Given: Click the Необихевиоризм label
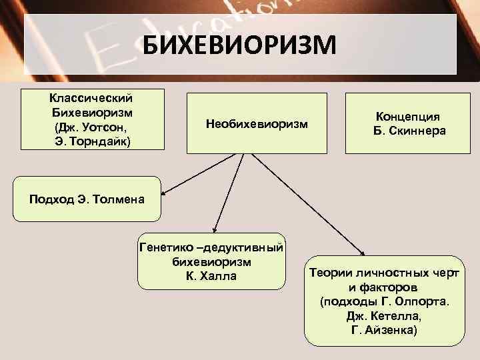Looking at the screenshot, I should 257,124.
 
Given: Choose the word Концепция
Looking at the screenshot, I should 409,117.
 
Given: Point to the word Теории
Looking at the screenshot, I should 327,273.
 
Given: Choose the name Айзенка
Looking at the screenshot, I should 393,331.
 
